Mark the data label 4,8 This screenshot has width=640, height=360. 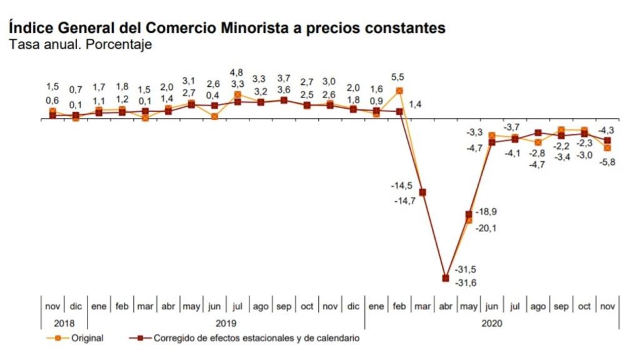click(x=237, y=72)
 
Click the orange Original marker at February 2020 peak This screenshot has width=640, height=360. click(x=399, y=91)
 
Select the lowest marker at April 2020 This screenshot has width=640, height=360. click(x=446, y=278)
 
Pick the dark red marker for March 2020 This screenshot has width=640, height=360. click(x=422, y=192)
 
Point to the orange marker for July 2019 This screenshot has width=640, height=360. click(x=237, y=95)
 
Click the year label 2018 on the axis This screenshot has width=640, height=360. click(x=64, y=323)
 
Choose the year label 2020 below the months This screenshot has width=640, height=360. click(x=491, y=323)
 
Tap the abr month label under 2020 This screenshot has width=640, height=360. click(x=446, y=307)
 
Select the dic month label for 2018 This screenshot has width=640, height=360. click(x=76, y=307)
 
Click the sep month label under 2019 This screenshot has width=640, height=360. click(x=284, y=307)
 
